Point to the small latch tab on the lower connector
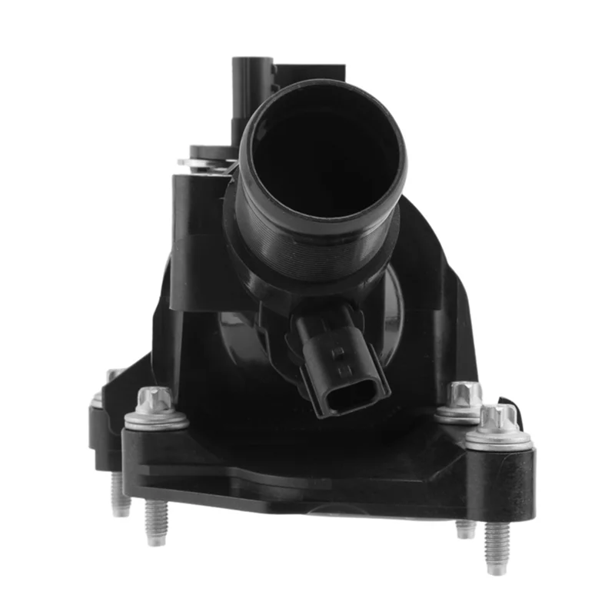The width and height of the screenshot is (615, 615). (336, 352)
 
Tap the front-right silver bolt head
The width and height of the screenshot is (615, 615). (499, 419)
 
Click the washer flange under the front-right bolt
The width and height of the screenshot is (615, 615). (499, 440)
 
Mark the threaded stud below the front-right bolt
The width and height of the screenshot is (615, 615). (496, 545)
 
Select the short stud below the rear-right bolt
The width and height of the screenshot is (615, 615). (465, 528)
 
